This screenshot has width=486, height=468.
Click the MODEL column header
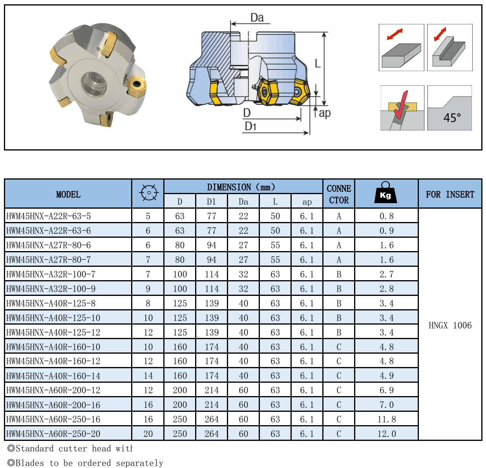pos(68,194)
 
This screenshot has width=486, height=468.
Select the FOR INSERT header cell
pos(450,194)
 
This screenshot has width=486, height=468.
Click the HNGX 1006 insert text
pos(450,325)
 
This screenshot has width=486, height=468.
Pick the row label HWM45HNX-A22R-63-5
pos(49,216)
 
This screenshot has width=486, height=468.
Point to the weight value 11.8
pos(386,419)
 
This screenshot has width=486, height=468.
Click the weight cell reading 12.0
pos(386,434)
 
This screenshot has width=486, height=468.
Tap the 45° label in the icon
pos(452,117)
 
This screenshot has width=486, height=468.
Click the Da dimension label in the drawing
pos(257,18)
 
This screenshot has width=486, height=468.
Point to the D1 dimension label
pos(250,126)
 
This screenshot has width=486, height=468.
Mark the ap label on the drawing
pos(325,113)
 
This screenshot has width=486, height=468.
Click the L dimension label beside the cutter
pos(318,63)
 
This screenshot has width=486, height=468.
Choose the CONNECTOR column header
pos(339,194)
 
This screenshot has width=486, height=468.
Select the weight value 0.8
pos(386,216)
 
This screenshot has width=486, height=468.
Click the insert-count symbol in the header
pos(148,193)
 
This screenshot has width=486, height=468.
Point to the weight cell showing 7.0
pos(386,405)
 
